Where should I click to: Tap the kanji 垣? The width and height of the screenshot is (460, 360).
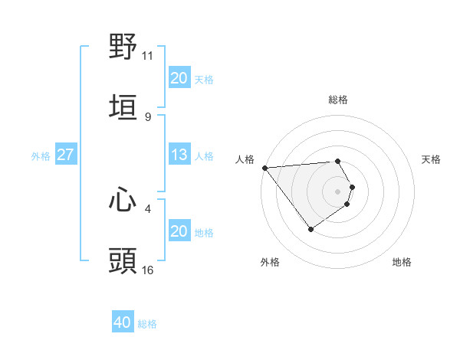[x=123, y=108]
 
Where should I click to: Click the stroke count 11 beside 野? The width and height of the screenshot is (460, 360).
[x=148, y=55]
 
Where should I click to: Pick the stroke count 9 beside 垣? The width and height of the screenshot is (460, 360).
[x=147, y=117]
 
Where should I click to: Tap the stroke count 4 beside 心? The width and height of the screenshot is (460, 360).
[x=147, y=208]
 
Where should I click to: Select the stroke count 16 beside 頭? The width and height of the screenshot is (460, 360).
[x=148, y=270]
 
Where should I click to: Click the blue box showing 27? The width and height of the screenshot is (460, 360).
[x=65, y=155]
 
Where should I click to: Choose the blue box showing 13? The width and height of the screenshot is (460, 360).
[x=179, y=155]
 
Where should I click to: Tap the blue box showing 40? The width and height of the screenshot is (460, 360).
[x=123, y=322]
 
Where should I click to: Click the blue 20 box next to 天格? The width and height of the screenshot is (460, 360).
[x=179, y=78]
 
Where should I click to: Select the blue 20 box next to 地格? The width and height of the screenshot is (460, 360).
[x=179, y=231]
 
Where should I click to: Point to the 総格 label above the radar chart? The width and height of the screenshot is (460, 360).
[x=338, y=100]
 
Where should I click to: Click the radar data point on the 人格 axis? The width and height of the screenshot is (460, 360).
[x=264, y=168]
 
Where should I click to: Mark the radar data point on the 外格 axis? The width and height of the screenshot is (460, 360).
[x=310, y=229]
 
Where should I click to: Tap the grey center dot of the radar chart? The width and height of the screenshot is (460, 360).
[x=338, y=191]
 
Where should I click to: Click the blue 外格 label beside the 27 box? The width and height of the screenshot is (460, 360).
[x=41, y=155]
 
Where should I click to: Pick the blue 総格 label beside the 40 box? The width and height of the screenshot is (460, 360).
[x=147, y=324]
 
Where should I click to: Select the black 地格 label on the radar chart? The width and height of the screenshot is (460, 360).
[x=402, y=262]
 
